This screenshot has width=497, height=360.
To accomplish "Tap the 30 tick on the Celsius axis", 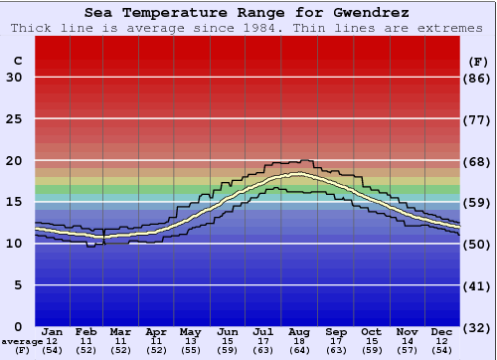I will click(13, 78).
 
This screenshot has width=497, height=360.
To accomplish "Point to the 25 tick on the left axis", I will click(13, 119).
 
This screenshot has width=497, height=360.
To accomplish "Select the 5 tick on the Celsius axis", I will click(18, 285).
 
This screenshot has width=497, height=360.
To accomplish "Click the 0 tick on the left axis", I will click(18, 326).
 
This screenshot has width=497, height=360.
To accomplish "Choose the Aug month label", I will click(300, 331).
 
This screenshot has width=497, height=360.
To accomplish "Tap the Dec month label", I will click(442, 331).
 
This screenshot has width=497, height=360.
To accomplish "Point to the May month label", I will click(190, 331).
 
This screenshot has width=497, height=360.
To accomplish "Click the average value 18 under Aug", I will click(300, 341).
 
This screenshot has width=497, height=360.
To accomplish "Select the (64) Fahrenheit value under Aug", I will click(300, 350).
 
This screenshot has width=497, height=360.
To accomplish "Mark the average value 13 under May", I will click(190, 341).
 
